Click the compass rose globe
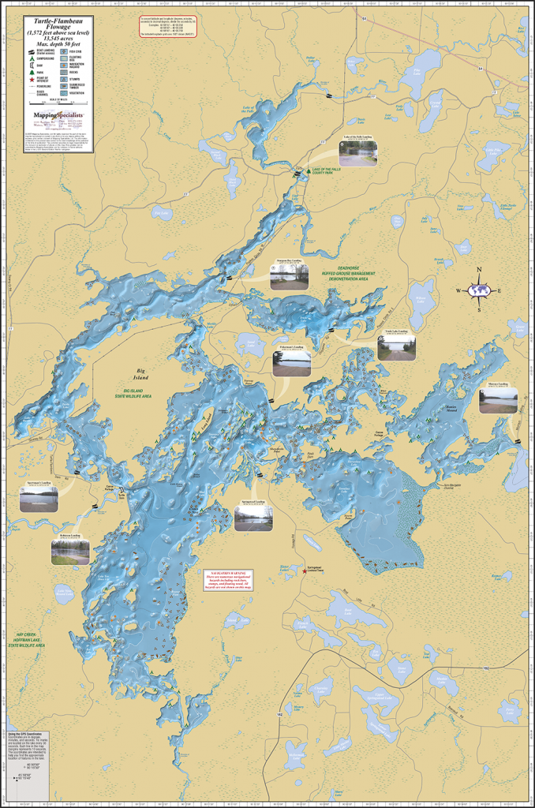coord(479,290)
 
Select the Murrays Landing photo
coord(498,400)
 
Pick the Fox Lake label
coord(161,212)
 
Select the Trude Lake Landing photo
coord(396,348)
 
